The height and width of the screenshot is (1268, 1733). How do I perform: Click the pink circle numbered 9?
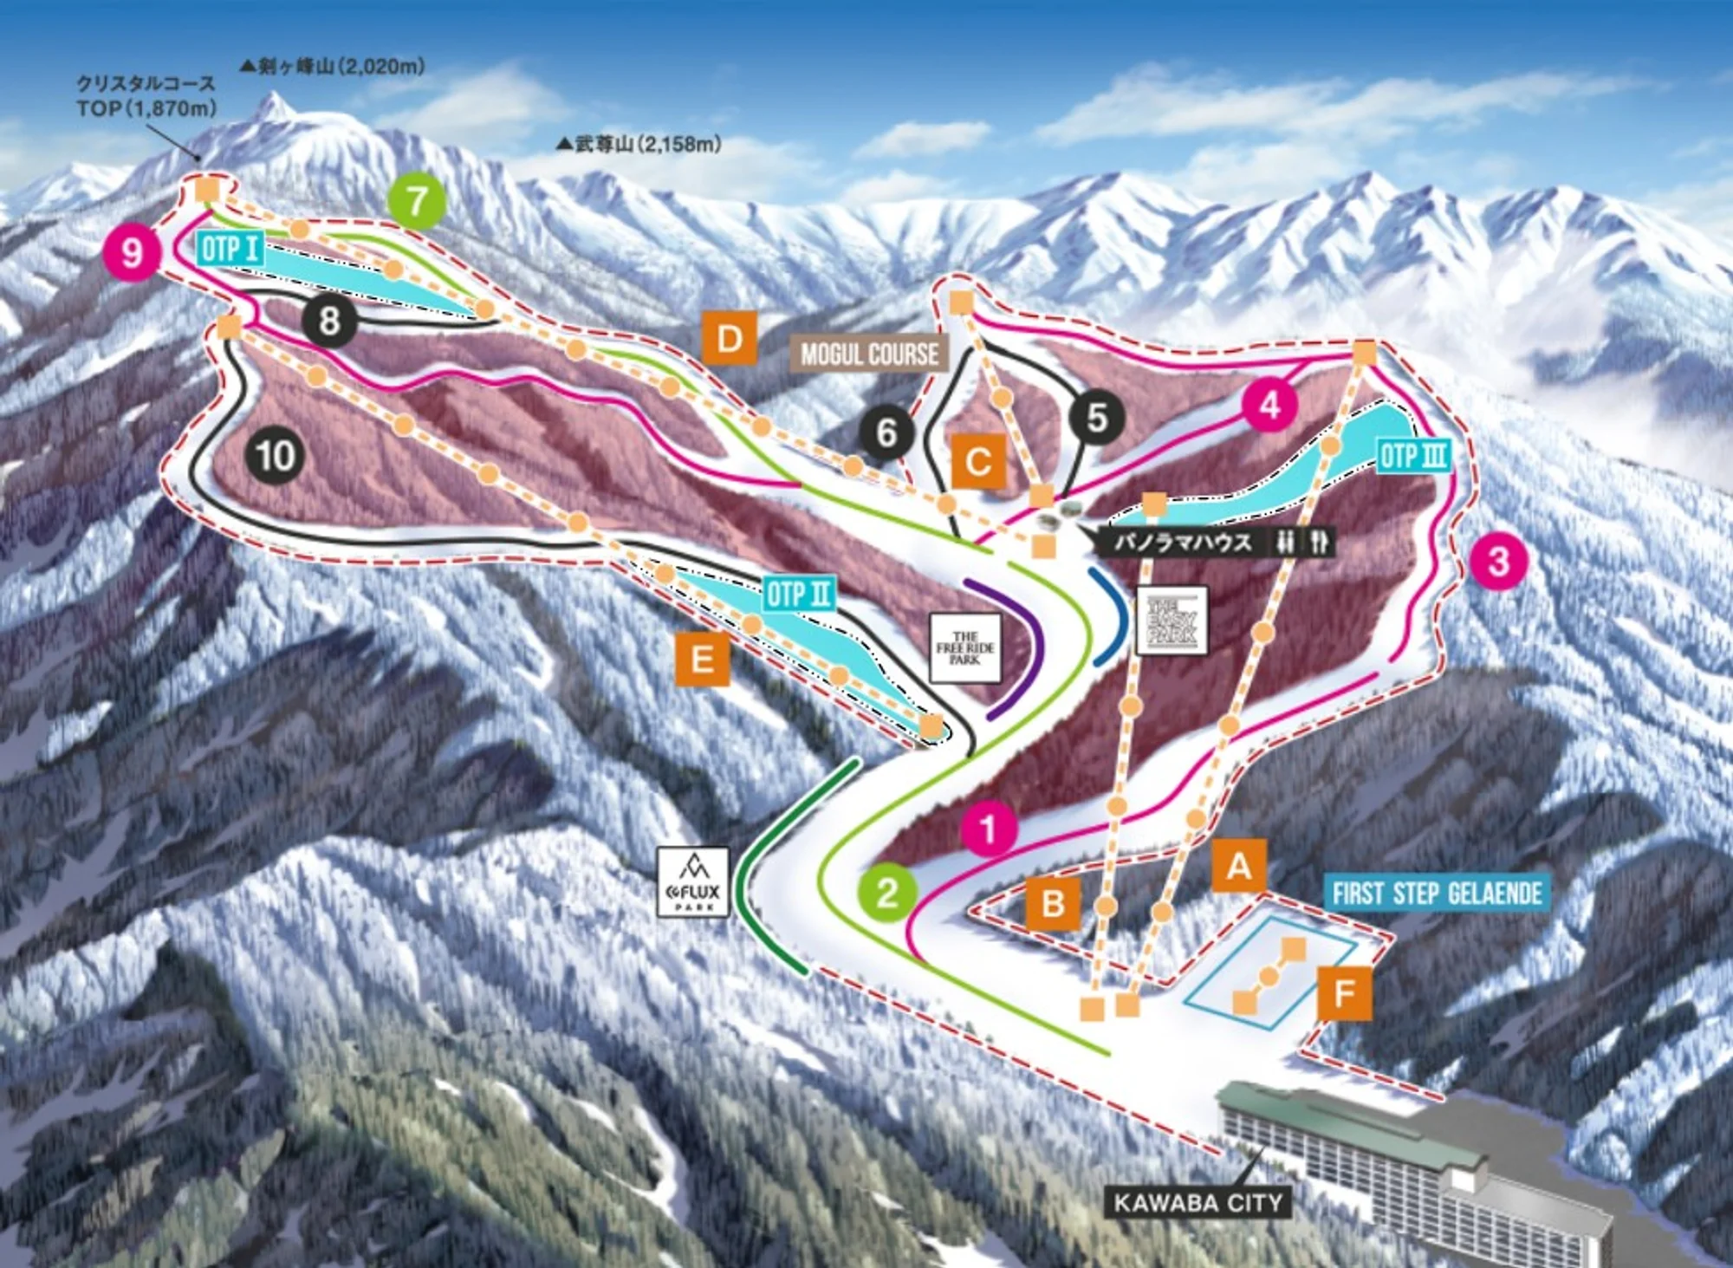point(132,252)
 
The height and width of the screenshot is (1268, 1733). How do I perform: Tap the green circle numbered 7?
point(418,201)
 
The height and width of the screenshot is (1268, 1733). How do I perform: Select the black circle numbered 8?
point(328,321)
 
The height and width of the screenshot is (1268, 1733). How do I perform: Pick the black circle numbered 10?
point(276,456)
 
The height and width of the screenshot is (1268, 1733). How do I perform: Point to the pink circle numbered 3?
point(1499,562)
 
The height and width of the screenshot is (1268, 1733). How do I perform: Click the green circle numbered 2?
point(887,892)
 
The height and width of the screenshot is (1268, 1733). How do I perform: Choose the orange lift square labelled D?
point(730,338)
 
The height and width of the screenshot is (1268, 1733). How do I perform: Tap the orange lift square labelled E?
point(702,660)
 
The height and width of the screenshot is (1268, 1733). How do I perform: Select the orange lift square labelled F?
point(1344,993)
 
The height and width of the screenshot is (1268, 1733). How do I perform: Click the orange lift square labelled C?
point(978,462)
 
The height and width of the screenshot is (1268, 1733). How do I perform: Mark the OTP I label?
point(230,250)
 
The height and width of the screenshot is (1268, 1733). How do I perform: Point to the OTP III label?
point(1413,456)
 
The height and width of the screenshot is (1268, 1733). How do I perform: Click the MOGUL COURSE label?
point(869,354)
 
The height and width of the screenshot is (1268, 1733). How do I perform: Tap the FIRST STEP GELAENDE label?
point(1437,894)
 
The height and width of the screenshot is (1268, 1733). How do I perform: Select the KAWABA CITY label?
point(1198,1202)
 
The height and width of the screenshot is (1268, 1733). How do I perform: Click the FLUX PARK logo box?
point(693,882)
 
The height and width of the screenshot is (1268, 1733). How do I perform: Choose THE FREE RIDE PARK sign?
point(964,648)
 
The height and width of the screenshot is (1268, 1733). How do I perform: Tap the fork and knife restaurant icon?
point(1320,543)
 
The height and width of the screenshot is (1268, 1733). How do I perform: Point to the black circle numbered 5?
point(1097,417)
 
